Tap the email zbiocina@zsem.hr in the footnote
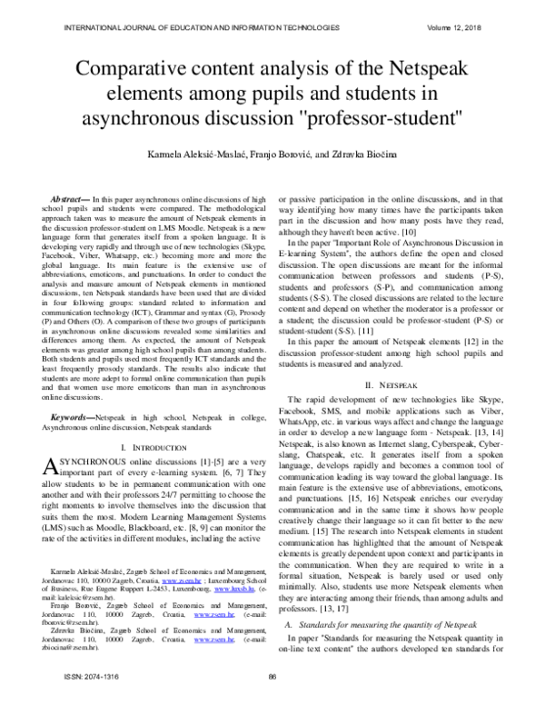click(x=69, y=662)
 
